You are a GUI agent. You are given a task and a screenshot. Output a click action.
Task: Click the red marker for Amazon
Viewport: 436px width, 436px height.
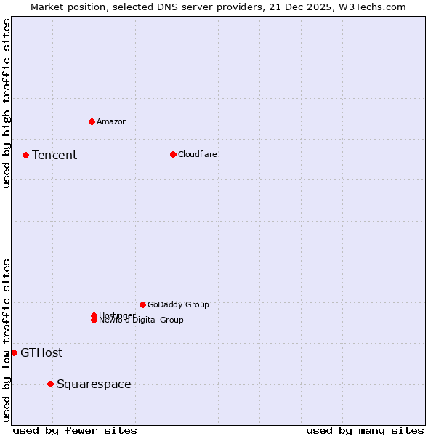(x=92, y=121)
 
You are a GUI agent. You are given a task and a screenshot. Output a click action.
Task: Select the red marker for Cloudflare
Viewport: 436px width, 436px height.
(x=173, y=154)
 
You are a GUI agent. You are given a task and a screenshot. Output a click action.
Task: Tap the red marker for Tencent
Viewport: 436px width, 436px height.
(x=25, y=155)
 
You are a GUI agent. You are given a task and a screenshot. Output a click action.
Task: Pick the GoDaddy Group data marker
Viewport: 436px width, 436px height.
(x=142, y=304)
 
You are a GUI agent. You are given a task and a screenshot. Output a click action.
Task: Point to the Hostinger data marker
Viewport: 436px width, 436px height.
(x=94, y=315)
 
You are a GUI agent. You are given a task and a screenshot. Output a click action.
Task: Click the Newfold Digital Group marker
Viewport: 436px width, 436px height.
(x=94, y=320)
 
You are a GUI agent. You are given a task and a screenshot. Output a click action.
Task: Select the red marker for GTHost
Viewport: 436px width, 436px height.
(x=14, y=352)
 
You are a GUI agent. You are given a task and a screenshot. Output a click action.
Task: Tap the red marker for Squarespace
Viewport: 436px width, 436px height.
(x=50, y=384)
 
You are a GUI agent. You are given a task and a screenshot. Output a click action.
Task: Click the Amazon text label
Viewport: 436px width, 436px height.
(x=111, y=121)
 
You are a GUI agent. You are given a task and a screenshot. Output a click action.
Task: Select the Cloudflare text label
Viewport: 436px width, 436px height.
(x=197, y=154)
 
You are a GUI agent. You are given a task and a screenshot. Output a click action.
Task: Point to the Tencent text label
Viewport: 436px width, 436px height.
(x=54, y=155)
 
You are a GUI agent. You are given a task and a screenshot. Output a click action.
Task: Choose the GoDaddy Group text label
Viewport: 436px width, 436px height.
(x=178, y=304)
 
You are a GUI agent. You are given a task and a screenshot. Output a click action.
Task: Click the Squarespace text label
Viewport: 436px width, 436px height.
(x=94, y=384)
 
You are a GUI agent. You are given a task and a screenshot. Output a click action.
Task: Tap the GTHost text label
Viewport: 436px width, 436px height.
(x=41, y=352)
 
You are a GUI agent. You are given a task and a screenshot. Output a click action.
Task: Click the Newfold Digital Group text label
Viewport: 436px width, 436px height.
(x=141, y=320)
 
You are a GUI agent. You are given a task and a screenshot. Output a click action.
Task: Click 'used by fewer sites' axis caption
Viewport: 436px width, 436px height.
(x=75, y=430)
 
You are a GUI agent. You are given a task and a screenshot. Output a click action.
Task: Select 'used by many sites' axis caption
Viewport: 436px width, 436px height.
(x=365, y=430)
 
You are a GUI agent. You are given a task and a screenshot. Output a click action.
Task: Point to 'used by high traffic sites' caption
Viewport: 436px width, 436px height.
(x=7, y=103)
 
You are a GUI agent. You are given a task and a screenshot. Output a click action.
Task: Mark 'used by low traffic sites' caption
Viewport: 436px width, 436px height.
(x=7, y=339)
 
